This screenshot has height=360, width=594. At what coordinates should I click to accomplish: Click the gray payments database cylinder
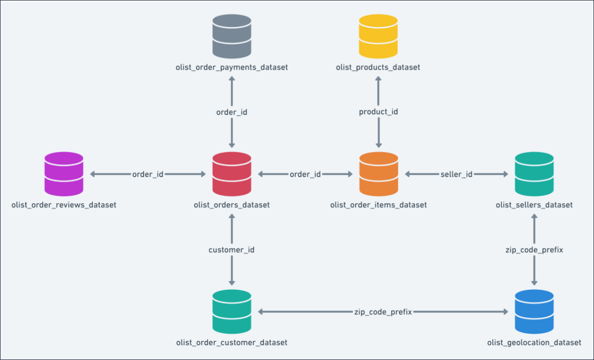point(232,36)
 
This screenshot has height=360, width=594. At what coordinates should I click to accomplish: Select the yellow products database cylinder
point(378,36)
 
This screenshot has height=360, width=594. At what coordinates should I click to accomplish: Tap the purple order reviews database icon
point(64,174)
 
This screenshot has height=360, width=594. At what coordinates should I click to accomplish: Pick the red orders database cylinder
point(232,174)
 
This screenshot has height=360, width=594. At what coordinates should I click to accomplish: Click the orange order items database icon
point(379,174)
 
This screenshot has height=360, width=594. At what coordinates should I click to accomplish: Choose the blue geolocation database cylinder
point(534,312)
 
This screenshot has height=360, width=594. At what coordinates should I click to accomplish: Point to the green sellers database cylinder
point(534,174)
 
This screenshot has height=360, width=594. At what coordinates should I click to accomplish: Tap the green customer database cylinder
point(232,312)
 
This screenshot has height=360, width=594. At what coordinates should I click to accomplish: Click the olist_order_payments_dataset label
point(232,68)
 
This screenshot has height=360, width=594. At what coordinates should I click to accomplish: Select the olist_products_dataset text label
point(378,68)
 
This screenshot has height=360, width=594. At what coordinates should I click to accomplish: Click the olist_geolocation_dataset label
point(534,343)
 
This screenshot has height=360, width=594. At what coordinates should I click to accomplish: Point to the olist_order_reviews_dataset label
point(64,205)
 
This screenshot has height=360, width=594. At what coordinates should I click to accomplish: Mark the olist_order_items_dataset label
point(379,205)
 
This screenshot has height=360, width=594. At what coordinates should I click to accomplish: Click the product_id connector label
point(379,112)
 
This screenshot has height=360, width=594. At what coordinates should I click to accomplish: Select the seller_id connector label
point(456,174)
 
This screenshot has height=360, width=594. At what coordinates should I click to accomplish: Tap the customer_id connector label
point(232,250)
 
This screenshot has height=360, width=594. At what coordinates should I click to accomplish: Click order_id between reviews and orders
point(148,174)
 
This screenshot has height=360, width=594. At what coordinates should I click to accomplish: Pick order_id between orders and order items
point(305,174)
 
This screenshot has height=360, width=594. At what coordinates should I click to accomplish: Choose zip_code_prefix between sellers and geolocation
point(534,250)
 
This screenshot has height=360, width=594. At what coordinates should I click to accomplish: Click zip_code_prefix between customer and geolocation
point(383,312)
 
